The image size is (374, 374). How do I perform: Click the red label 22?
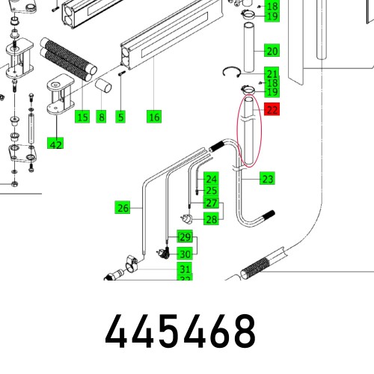coord(272,110)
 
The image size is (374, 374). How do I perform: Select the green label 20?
coord(272,52)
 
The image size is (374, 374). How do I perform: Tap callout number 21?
coord(272,73)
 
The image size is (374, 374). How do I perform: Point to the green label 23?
coord(268,178)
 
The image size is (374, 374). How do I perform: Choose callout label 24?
coord(212,180)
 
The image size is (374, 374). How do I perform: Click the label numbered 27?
coord(212,203)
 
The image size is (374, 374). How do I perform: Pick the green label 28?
coord(212,218)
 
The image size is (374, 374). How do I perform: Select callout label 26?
coord(123,207)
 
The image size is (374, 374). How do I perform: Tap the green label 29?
coord(184,237)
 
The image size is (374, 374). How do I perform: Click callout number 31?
coord(184,269)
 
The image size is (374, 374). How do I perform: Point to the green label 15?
coord(82,117)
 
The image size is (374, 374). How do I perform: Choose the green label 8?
coord(102,117)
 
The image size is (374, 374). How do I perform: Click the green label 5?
coord(120,117)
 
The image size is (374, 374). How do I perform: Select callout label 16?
coord(154,117)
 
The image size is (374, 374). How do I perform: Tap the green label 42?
coord(55,144)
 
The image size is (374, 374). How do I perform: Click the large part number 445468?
coord(180,331)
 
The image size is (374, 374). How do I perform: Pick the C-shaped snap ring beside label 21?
coord(233,72)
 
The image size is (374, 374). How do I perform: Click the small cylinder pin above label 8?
coord(104,86)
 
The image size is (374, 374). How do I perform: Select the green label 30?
coord(184,253)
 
